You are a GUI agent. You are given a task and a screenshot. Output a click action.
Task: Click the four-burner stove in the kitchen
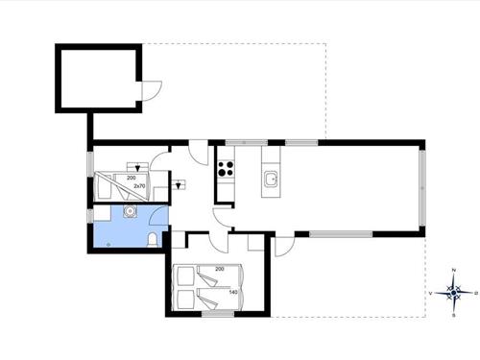click(228, 171)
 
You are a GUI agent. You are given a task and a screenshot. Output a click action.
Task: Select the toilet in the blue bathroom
click(156, 237)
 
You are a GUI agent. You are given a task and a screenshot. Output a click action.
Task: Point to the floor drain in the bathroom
click(108, 244)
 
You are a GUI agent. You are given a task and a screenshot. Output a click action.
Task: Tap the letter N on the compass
click(453, 271)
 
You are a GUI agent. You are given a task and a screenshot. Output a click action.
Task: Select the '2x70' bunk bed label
click(150, 187)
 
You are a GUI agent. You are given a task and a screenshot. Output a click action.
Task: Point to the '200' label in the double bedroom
click(220, 269)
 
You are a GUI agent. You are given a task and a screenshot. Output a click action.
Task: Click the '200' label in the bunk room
click(131, 179)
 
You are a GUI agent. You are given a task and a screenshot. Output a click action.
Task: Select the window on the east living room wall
click(421, 186)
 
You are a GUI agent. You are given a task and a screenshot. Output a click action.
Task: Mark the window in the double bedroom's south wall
click(217, 314)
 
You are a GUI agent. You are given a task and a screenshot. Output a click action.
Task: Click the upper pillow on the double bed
click(181, 275)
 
